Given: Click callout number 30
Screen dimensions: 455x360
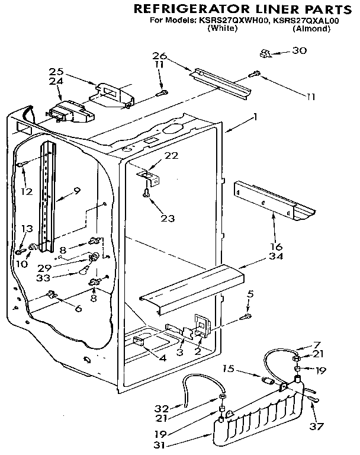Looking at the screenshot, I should [x=300, y=50].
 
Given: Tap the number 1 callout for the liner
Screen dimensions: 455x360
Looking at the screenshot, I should [x=255, y=117].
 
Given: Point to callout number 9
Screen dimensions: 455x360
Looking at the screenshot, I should [x=77, y=191].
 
